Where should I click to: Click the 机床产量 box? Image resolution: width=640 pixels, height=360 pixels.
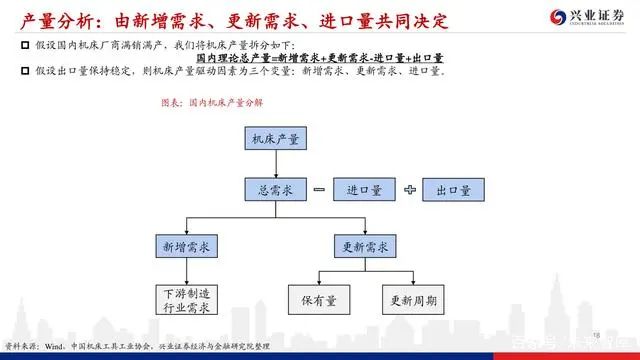pos(273,140)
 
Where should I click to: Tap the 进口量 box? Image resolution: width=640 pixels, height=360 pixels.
pos(363,189)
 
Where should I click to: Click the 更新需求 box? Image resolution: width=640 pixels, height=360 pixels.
pos(365,245)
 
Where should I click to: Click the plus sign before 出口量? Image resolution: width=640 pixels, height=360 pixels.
pos(408,189)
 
